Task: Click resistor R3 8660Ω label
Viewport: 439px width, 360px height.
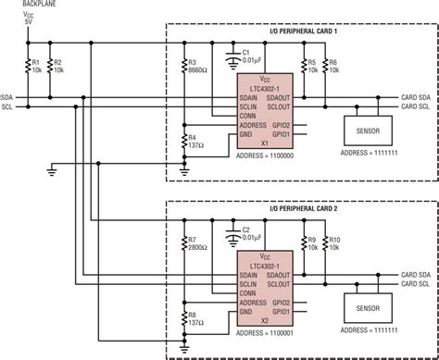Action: (x=195, y=66)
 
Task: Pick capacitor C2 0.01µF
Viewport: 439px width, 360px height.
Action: (x=232, y=233)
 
